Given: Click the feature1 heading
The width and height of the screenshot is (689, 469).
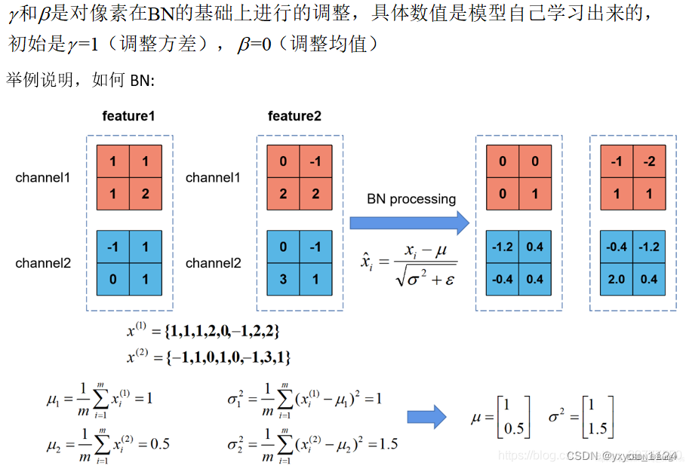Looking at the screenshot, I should (129, 116).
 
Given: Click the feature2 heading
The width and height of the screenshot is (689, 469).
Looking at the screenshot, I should (294, 116).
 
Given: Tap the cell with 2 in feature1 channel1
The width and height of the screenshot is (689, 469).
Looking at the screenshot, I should (145, 194).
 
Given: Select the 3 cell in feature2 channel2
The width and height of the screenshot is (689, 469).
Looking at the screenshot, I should (282, 279).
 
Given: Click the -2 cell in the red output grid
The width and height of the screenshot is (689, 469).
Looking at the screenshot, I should (649, 162).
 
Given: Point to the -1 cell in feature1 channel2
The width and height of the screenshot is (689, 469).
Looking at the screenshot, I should (113, 247).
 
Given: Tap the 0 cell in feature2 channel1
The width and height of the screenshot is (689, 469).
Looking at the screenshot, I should (282, 162).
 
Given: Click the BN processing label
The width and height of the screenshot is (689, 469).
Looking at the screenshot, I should (411, 199).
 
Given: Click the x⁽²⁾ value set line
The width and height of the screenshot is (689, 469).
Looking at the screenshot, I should (208, 355).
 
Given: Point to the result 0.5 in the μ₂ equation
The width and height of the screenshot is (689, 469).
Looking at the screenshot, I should (159, 443).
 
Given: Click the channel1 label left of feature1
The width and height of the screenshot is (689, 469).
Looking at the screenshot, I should (42, 178).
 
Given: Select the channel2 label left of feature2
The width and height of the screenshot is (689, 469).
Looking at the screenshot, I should (214, 263).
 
